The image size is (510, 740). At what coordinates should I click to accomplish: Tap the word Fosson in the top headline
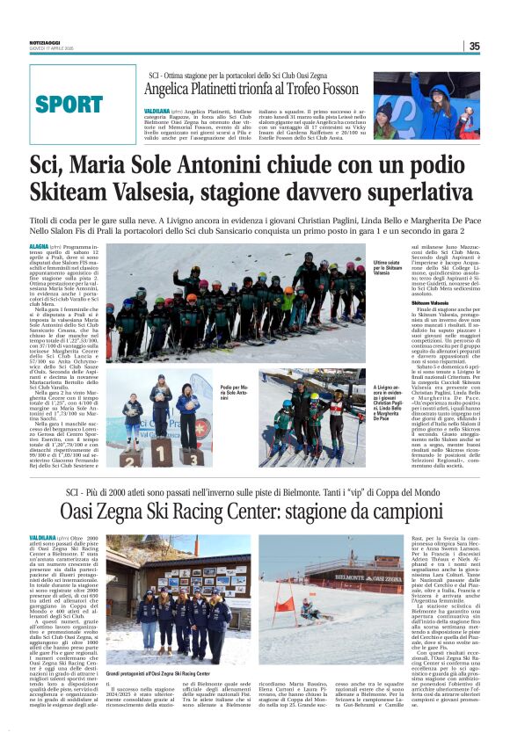coord(334,89)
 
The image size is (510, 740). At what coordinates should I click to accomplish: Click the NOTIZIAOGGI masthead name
coord(45,42)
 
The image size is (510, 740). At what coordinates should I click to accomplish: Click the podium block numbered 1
coord(158,454)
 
